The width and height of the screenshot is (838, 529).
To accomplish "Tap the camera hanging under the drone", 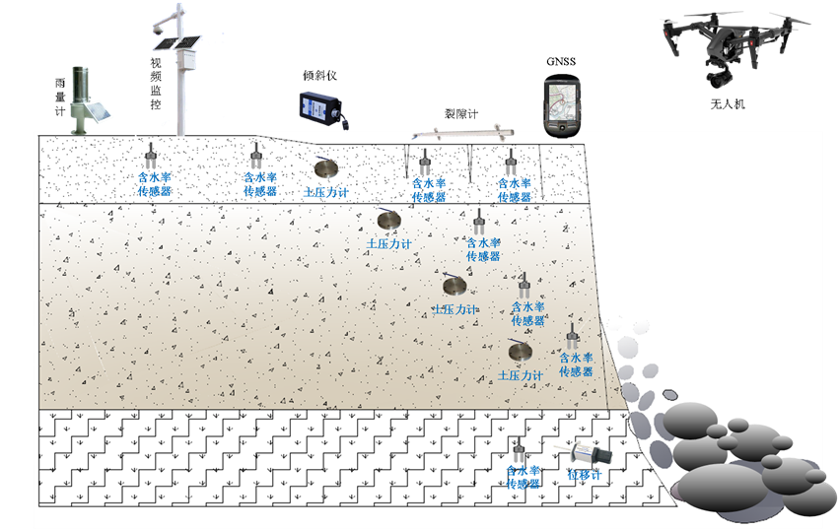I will (717, 71).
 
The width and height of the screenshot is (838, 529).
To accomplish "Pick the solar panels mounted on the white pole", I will (180, 45).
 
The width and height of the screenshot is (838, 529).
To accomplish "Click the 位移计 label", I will (584, 474).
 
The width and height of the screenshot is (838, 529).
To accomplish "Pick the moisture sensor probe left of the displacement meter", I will (521, 450).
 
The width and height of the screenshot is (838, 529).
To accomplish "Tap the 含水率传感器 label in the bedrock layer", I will (524, 478).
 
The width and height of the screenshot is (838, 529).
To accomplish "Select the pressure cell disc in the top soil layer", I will (326, 168).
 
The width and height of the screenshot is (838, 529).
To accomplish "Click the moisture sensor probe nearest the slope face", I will (572, 338).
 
